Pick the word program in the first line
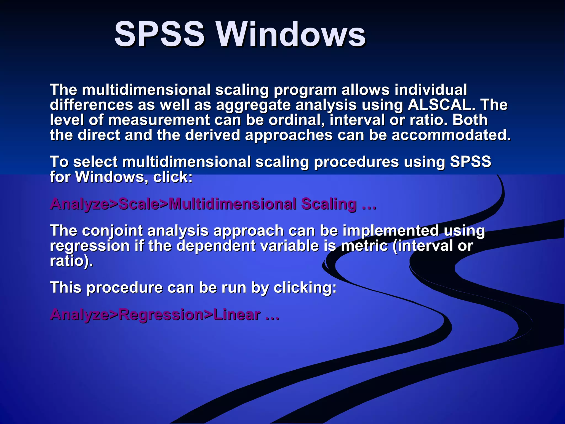tap(305, 91)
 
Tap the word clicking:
tap(305, 288)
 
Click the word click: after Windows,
tap(173, 177)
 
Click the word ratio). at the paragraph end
tap(71, 261)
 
